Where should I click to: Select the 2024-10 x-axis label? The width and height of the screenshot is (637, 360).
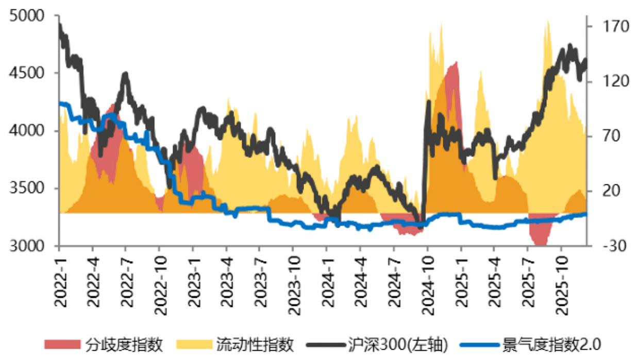click(x=428, y=286)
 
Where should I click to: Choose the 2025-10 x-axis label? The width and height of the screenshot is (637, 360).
click(x=562, y=286)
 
